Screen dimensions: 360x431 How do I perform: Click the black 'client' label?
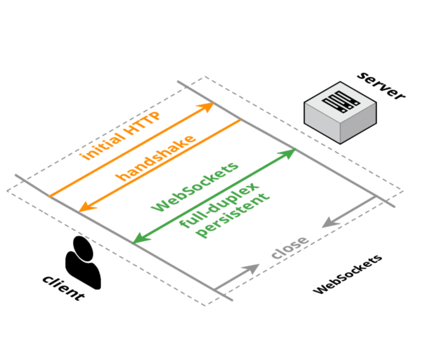coord(63,288)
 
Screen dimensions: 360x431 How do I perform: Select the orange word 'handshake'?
coord(156,158)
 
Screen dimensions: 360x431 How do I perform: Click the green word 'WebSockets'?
coord(195,186)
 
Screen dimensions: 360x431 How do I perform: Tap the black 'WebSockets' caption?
coord(348,274)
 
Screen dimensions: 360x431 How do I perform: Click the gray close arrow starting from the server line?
coord(348,212)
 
